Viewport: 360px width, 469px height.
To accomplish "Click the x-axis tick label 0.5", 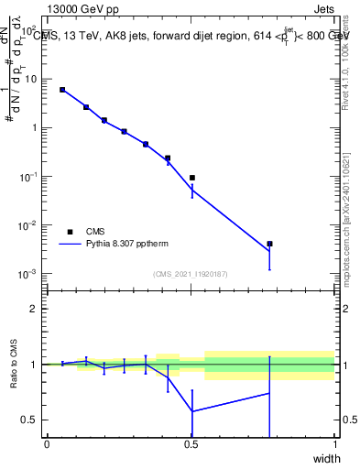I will pyautogui.click(x=191, y=444).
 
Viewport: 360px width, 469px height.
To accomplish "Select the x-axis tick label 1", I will pyautogui.click(x=334, y=444).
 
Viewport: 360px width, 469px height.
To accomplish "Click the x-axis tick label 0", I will pyautogui.click(x=47, y=444).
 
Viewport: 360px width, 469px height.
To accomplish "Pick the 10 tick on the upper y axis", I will pyautogui.click(x=31, y=79).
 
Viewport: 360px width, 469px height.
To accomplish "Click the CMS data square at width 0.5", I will pyautogui.click(x=191, y=178).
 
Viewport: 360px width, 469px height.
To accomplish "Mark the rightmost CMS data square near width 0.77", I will pyautogui.click(x=269, y=244).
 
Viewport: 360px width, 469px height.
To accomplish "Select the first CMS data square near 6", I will pyautogui.click(x=62, y=90).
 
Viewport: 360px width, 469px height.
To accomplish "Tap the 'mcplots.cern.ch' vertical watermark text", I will pyautogui.click(x=345, y=229).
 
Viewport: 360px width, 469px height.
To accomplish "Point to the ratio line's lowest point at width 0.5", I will pyautogui.click(x=191, y=410).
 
